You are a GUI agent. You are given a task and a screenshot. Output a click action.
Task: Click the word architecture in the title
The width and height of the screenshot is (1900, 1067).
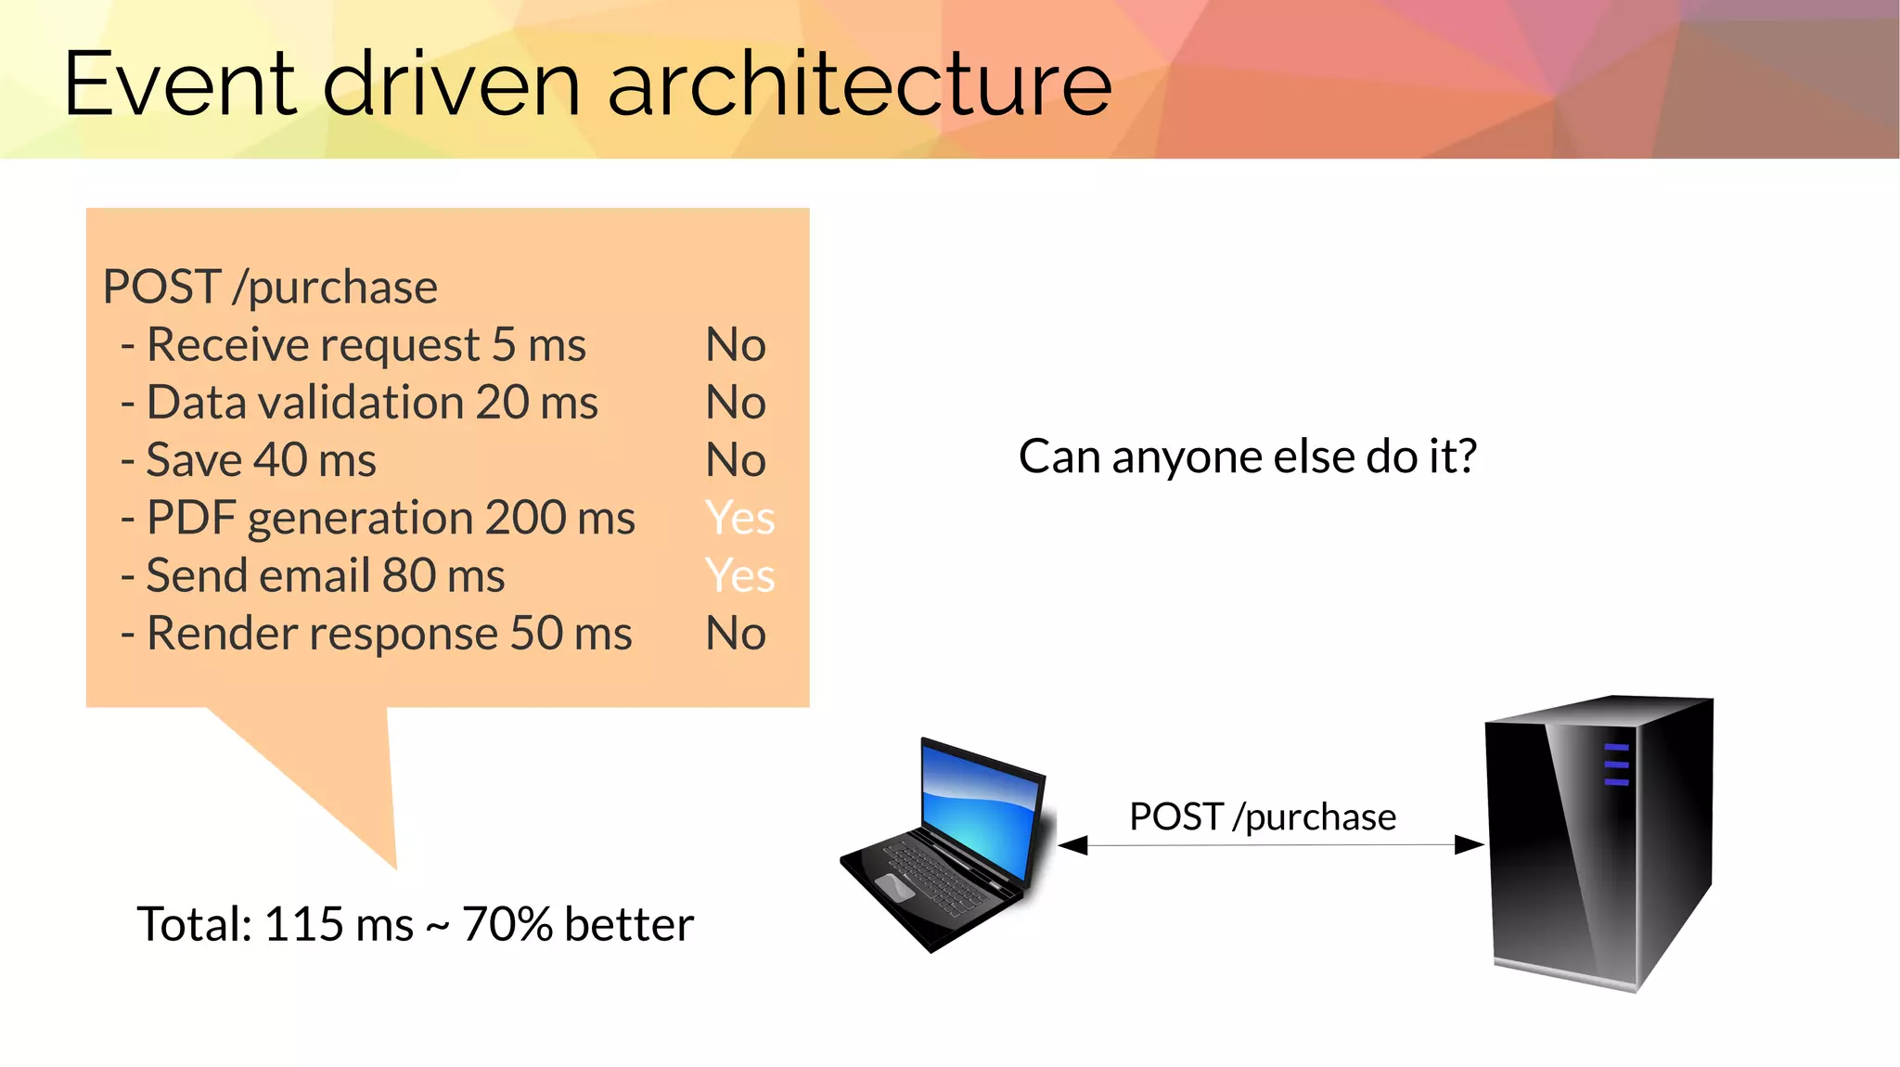coord(859,85)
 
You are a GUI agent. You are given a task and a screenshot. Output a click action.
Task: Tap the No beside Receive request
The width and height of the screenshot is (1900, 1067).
coord(736,345)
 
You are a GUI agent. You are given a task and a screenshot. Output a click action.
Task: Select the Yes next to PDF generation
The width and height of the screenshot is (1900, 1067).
coord(739,518)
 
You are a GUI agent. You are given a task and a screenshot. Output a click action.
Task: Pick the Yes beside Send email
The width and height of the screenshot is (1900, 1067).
coord(739,575)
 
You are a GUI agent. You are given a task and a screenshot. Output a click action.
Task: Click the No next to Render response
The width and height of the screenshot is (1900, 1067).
coord(736,634)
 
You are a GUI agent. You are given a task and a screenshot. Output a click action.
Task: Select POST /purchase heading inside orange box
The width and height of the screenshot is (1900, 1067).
coord(270,287)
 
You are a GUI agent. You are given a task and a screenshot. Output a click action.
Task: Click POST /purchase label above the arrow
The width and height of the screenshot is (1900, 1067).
coord(1262,817)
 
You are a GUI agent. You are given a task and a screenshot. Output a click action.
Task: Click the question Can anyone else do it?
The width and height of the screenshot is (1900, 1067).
coord(1247,456)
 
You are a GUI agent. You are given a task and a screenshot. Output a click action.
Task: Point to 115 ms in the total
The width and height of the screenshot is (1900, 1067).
coord(339,924)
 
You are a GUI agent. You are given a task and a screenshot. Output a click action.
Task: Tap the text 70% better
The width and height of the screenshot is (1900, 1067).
coord(577,924)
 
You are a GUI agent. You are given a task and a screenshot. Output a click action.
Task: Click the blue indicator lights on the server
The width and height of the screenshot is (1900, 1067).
coord(1616,765)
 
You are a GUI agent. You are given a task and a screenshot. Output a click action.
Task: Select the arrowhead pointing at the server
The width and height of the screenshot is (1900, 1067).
coord(1470,844)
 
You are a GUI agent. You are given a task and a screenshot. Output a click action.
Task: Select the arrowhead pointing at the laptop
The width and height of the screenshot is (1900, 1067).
coord(1072,844)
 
